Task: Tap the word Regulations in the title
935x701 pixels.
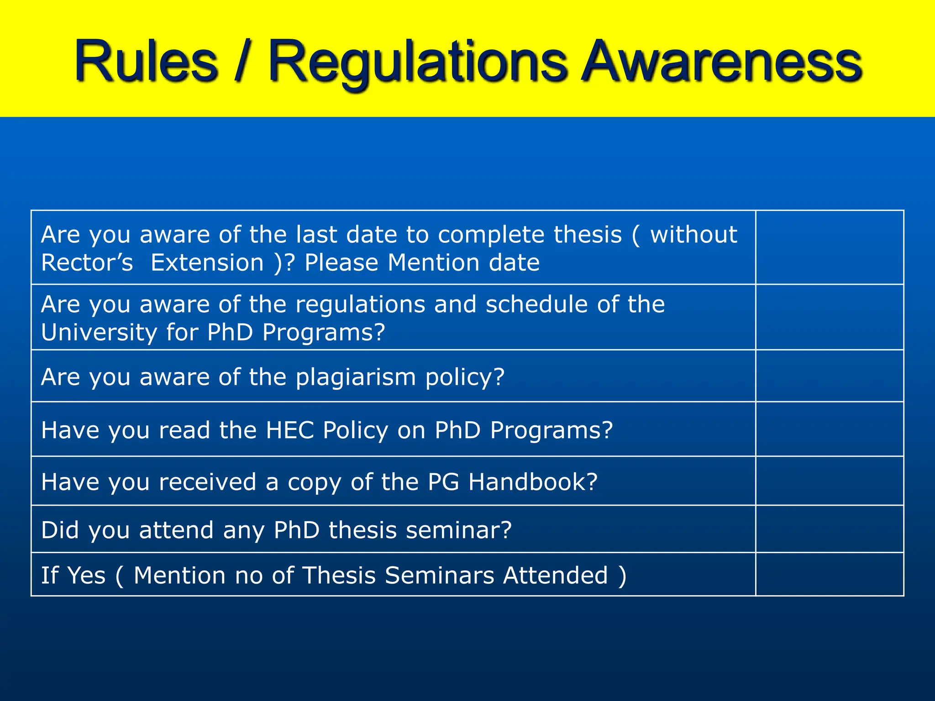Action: [418, 63]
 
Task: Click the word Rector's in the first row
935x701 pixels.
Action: [87, 263]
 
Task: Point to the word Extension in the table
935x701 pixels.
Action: [207, 263]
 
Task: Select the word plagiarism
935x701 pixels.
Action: [356, 377]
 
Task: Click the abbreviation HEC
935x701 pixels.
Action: [290, 430]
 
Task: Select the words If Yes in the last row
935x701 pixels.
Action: [73, 575]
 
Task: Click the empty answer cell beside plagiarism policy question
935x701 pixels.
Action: [830, 376]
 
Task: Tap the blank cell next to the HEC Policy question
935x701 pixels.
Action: [830, 429]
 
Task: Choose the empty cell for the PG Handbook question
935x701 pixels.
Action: [830, 481]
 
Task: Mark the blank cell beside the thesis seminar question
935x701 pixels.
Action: [830, 529]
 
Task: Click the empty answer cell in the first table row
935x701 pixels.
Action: [830, 247]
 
